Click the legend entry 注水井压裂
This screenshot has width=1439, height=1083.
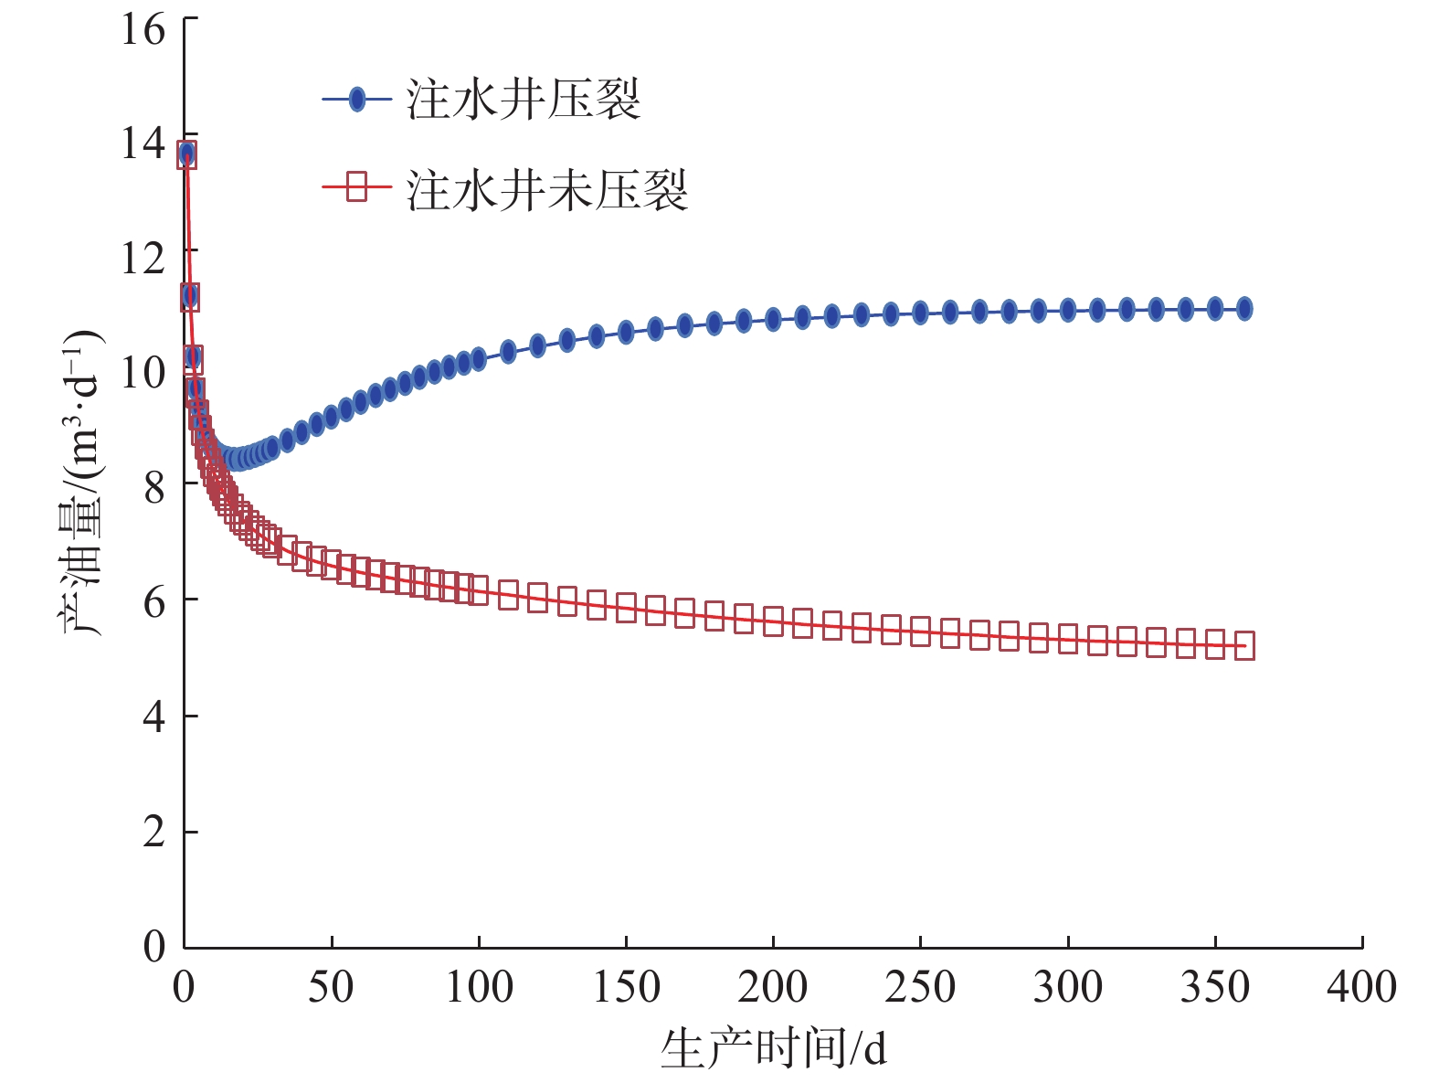(524, 100)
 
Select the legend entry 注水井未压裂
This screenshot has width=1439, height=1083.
(547, 190)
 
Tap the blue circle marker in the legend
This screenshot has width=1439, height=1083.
(356, 100)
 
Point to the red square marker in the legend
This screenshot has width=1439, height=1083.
(356, 189)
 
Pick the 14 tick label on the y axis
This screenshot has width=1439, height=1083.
(143, 143)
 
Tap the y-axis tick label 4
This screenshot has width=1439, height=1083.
(153, 717)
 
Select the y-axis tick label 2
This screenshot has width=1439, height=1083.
(153, 832)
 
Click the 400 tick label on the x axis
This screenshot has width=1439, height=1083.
(1361, 988)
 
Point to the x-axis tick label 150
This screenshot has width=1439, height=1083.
(626, 988)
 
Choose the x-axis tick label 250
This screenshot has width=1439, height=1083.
(920, 988)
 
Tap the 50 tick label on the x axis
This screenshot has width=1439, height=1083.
(331, 988)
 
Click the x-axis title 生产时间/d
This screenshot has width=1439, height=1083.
(773, 1047)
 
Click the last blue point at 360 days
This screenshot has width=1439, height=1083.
(1244, 309)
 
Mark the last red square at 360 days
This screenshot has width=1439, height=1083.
(1244, 646)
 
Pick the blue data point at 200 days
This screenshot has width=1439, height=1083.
(773, 319)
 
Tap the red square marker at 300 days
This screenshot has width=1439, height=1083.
(1068, 639)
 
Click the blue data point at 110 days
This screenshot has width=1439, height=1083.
(508, 350)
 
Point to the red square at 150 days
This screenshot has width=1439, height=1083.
(626, 608)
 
